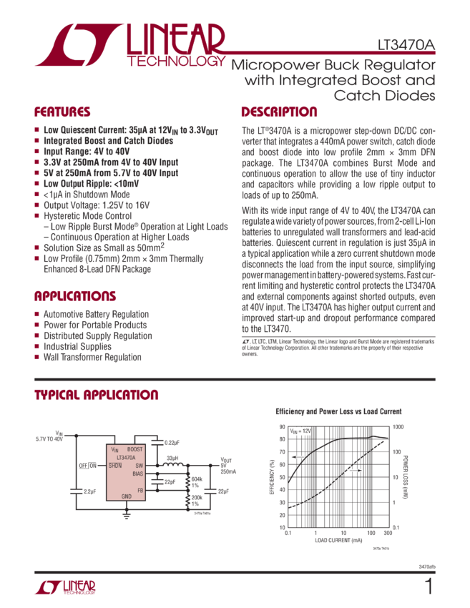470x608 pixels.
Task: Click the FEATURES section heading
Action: [63, 112]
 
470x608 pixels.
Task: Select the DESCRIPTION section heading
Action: [279, 112]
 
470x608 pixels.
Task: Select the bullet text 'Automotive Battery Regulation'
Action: [96, 314]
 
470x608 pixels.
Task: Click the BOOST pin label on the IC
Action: [135, 448]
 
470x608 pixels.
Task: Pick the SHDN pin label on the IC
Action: [114, 465]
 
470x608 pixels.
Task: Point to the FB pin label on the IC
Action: [139, 490]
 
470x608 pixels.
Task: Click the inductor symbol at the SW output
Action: [171, 466]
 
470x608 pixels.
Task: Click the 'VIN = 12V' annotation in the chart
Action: [301, 431]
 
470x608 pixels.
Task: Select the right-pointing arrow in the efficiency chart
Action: [354, 470]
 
